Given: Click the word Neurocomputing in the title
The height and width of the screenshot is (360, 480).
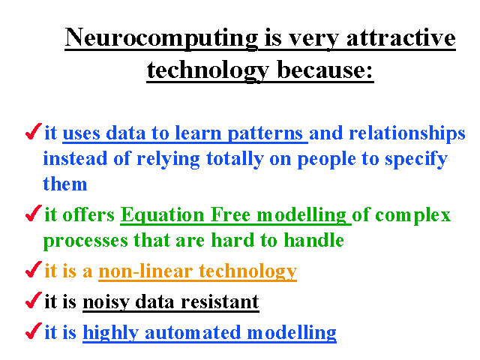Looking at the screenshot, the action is tap(161, 38).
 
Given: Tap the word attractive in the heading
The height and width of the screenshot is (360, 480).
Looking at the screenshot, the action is tap(401, 38).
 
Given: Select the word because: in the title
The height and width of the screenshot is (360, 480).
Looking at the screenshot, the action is tap(325, 70).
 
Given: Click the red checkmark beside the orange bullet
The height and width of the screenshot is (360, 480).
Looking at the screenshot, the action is tap(34, 269).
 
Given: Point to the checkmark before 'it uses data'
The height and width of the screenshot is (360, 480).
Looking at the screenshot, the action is tap(34, 131).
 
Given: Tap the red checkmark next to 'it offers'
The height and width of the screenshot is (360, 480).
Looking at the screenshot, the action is tap(34, 213).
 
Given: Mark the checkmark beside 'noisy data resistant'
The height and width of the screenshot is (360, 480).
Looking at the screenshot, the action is tap(34, 300).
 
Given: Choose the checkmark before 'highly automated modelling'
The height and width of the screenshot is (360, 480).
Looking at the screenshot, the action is tap(34, 331).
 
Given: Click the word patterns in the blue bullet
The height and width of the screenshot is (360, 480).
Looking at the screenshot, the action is tap(265, 134).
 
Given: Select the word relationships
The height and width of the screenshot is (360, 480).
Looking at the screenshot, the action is tap(407, 133).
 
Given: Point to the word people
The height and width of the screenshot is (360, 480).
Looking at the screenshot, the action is tap(326, 160).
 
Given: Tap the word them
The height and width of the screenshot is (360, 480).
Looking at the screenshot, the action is tap(65, 184).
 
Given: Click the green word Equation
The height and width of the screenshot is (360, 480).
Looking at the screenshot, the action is tap(162, 215).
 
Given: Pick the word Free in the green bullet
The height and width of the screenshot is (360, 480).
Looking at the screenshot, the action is tap(230, 214).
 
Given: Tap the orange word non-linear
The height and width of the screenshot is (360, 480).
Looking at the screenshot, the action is tap(145, 271).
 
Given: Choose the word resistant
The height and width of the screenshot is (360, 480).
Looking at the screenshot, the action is tap(220, 301).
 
